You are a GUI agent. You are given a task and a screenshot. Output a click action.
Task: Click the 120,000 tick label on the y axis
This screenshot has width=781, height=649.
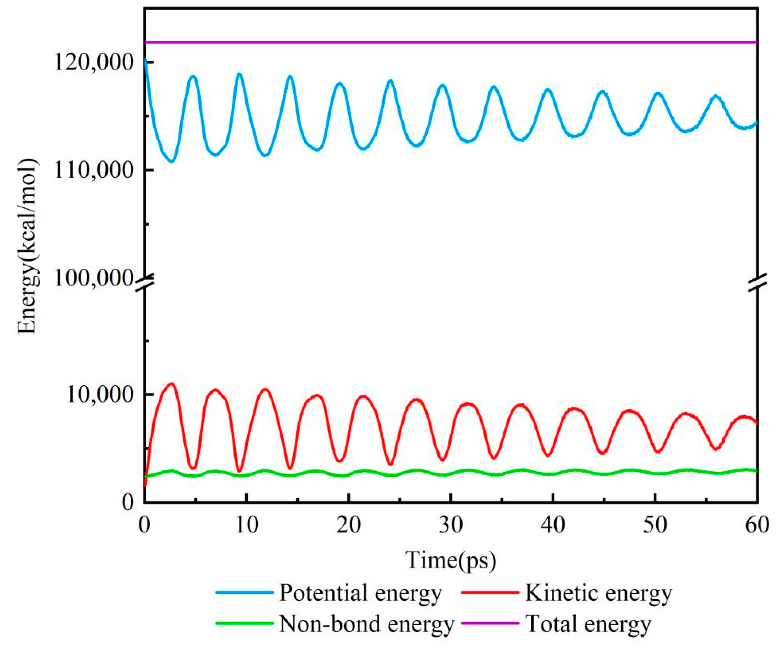pyautogui.click(x=94, y=62)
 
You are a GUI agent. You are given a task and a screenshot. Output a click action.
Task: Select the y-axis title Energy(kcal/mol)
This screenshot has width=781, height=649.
pyautogui.click(x=28, y=246)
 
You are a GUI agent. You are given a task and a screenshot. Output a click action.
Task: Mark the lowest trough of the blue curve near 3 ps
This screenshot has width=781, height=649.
pyautogui.click(x=171, y=161)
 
